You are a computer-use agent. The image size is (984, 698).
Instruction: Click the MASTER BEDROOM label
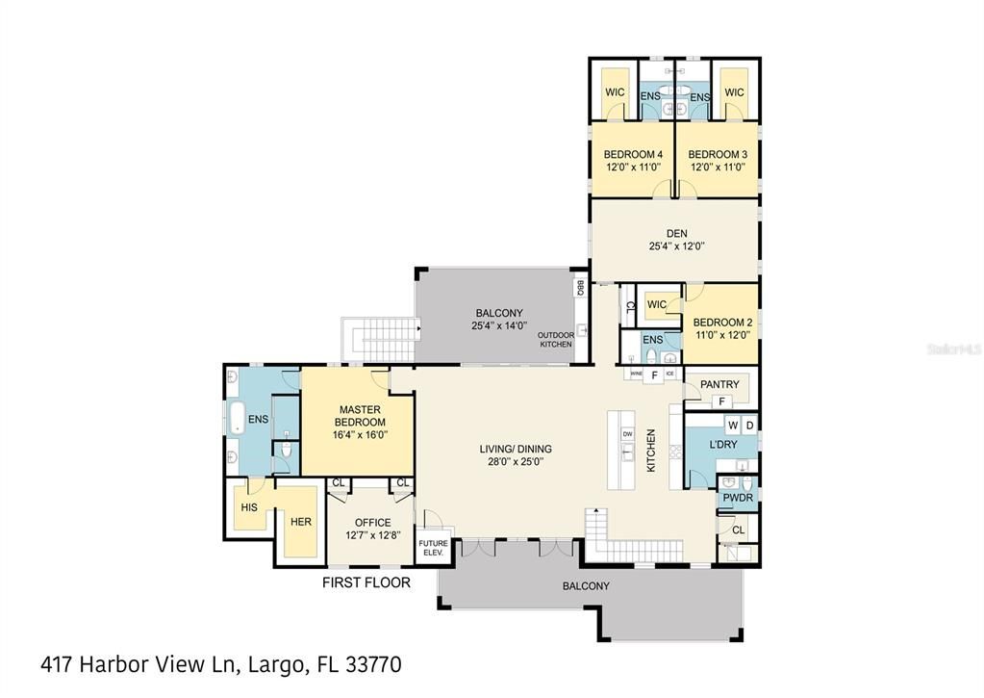361,416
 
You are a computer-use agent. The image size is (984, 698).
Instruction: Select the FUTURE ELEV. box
433,549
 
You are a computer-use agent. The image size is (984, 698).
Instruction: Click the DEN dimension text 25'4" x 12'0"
676,246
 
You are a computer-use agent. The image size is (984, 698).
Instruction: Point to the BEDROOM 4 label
633,154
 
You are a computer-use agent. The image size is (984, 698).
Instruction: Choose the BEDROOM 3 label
718,154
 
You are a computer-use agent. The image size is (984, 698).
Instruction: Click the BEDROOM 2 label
721,323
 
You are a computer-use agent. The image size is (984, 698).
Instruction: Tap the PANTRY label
719,385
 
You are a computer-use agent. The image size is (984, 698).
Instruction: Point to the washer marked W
732,425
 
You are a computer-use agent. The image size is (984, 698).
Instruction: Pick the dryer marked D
749,425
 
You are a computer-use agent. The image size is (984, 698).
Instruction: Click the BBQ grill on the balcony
579,287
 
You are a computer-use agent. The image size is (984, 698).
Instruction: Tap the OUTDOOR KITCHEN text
556,340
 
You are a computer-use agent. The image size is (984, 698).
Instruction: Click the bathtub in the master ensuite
235,420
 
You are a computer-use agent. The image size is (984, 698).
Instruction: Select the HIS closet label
249,506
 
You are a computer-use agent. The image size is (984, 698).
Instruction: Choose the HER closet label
301,521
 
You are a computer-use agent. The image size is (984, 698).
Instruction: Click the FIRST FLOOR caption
366,582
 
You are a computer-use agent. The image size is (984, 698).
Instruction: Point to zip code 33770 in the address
369,664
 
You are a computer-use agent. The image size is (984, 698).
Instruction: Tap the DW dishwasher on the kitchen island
627,434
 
